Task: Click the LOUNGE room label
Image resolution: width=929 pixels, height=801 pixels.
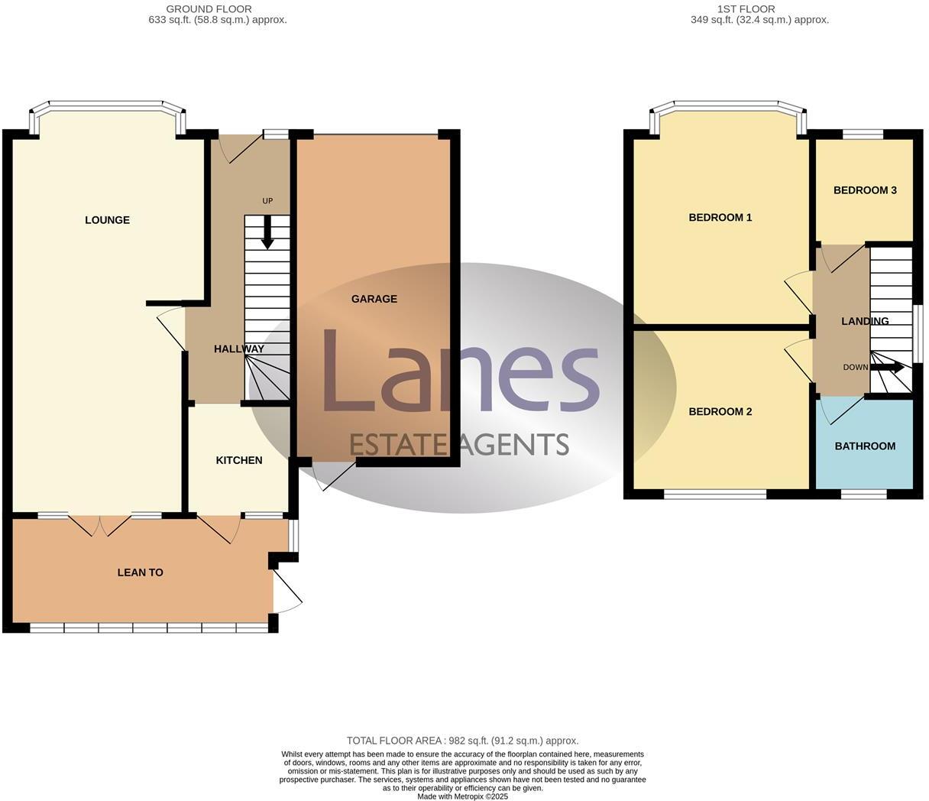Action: pyautogui.click(x=107, y=220)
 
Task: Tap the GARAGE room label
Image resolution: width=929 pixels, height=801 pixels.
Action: pyautogui.click(x=374, y=299)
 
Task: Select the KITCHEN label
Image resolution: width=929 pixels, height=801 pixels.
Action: pyautogui.click(x=239, y=460)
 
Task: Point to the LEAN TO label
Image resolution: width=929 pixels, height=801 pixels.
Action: pyautogui.click(x=140, y=572)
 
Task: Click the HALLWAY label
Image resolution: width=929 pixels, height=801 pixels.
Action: pyautogui.click(x=238, y=349)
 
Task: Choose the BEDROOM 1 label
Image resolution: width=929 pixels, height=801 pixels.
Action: pyautogui.click(x=720, y=218)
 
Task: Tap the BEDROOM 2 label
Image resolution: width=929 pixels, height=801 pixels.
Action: pyautogui.click(x=720, y=412)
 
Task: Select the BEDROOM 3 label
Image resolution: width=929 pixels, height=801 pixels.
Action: pyautogui.click(x=864, y=190)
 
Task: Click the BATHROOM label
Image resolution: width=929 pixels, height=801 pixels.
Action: pyautogui.click(x=864, y=446)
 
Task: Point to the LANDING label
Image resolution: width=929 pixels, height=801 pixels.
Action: pyautogui.click(x=864, y=322)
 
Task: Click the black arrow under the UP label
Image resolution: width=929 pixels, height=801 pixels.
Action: pyautogui.click(x=267, y=232)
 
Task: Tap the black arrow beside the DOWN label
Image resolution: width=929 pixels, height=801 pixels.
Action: pyautogui.click(x=888, y=368)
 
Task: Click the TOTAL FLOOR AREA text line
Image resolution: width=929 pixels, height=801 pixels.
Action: pyautogui.click(x=462, y=741)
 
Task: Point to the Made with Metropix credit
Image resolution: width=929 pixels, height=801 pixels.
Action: pyautogui.click(x=462, y=796)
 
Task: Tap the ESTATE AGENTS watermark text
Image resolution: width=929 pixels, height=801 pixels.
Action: pyautogui.click(x=458, y=444)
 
